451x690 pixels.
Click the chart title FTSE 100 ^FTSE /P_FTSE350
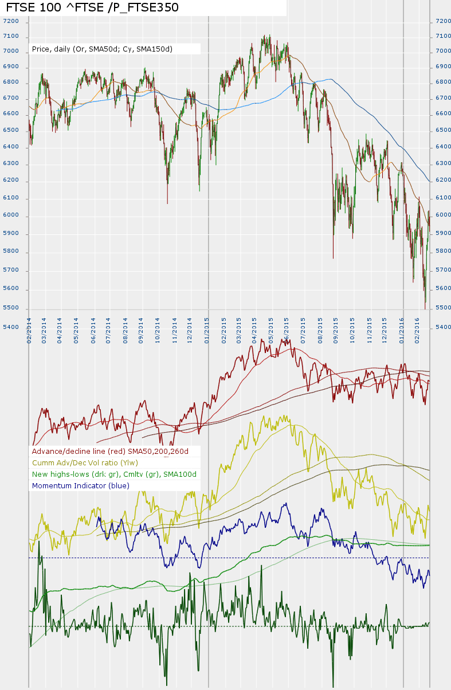click(x=92, y=7)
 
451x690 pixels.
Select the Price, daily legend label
click(x=102, y=49)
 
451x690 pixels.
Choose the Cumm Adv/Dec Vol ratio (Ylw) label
click(x=85, y=462)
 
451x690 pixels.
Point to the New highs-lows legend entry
click(x=114, y=474)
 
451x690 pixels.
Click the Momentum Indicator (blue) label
click(x=81, y=485)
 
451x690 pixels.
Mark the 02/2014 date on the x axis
click(x=29, y=331)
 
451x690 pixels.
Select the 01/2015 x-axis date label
click(x=207, y=331)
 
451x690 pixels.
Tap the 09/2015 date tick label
click(x=335, y=331)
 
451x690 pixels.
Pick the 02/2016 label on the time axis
click(x=418, y=331)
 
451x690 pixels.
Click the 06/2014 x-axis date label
click(x=93, y=331)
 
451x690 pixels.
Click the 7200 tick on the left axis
click(x=11, y=21)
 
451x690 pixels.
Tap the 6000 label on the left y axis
click(x=11, y=215)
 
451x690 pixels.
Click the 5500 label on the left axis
click(x=11, y=308)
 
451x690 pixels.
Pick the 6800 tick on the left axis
click(x=11, y=83)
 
